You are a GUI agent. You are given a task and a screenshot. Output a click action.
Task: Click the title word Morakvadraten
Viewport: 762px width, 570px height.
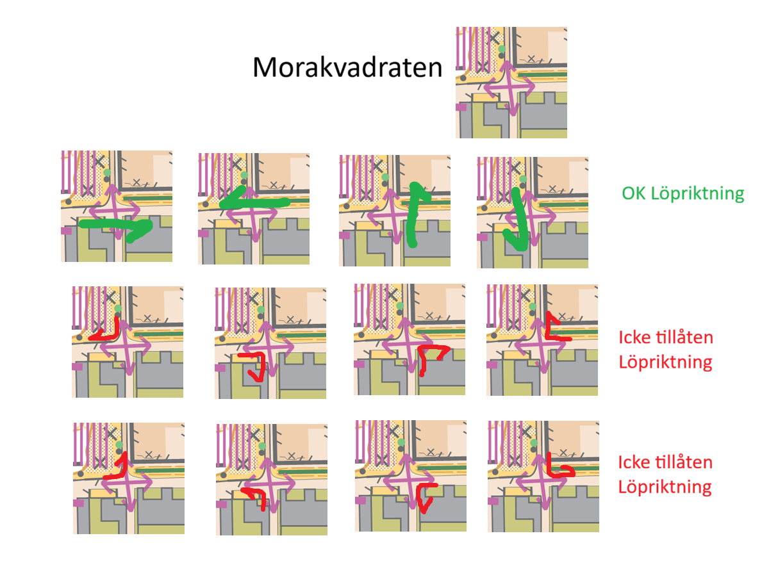(347, 67)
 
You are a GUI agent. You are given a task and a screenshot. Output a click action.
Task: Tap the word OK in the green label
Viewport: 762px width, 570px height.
(633, 193)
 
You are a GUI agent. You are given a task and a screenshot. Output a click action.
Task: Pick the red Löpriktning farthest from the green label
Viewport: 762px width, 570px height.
(665, 487)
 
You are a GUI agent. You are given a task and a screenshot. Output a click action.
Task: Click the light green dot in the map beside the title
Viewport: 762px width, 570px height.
(502, 49)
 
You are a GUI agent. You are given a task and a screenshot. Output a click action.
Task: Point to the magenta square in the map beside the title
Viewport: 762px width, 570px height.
(461, 108)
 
